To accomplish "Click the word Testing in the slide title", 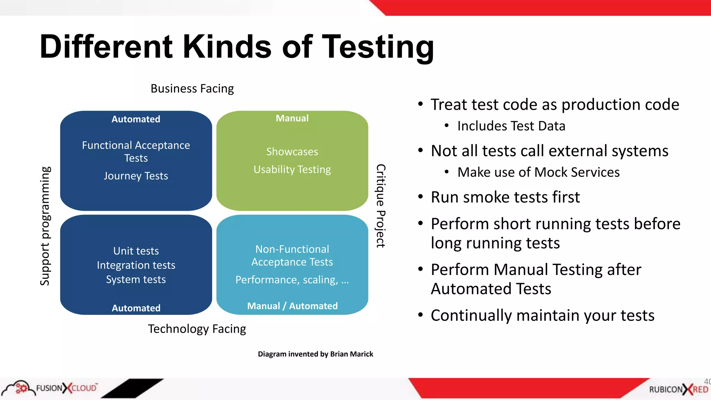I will (x=378, y=47).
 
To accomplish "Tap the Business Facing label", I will (x=192, y=89).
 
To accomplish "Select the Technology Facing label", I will (x=197, y=329).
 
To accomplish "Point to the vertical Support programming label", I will (x=45, y=226).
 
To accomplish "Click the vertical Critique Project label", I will (x=381, y=206).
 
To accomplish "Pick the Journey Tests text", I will (x=136, y=176).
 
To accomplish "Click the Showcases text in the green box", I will (x=292, y=152).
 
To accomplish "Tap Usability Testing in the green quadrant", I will (x=292, y=169).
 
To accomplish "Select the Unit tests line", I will (x=136, y=251).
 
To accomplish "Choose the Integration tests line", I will (x=136, y=265).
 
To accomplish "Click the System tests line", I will (x=136, y=280).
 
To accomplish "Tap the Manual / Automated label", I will (x=292, y=306).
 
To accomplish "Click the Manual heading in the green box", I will (x=292, y=118).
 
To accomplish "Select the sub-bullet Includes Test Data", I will (x=511, y=126).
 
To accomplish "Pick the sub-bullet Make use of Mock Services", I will (x=538, y=172).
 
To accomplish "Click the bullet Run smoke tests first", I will (x=505, y=197).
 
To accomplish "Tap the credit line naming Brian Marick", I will (x=315, y=354).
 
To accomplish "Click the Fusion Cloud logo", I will (x=50, y=388).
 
